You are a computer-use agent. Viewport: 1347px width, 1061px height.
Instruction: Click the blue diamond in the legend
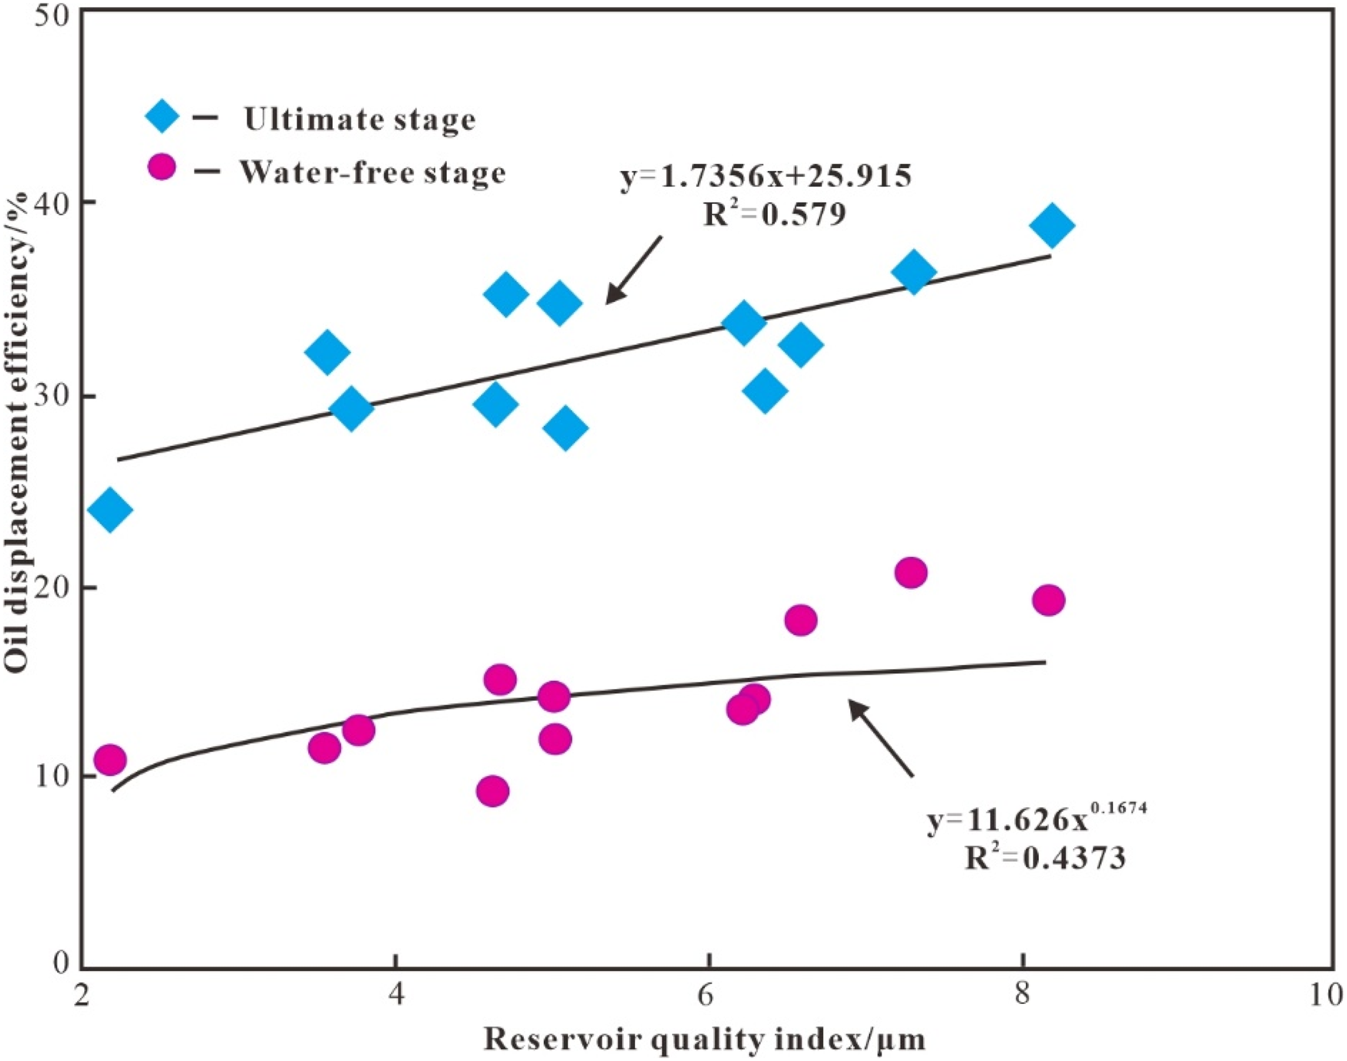(162, 116)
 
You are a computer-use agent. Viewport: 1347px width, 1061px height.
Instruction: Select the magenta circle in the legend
(162, 167)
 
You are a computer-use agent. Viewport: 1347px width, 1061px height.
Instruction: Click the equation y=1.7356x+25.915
(766, 178)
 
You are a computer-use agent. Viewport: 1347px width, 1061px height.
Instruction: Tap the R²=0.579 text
(774, 215)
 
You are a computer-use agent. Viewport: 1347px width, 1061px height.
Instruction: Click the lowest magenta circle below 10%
(494, 791)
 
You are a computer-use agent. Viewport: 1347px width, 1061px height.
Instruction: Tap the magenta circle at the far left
(110, 759)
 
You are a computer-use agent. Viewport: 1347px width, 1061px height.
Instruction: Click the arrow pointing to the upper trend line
(634, 270)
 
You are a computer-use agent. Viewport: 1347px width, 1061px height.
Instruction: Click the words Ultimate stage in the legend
(359, 118)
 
